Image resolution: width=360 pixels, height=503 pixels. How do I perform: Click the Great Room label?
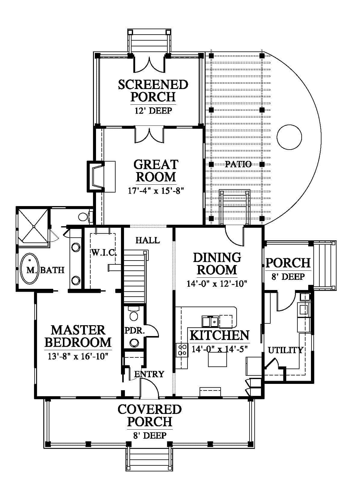pyautogui.click(x=156, y=171)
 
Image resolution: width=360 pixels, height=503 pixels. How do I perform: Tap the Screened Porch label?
pyautogui.click(x=153, y=90)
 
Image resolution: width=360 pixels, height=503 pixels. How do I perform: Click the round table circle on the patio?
pyautogui.click(x=289, y=137)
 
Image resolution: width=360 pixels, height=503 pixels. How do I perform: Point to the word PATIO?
pyautogui.click(x=238, y=164)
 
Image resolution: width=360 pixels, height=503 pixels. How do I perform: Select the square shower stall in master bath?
pyautogui.click(x=33, y=226)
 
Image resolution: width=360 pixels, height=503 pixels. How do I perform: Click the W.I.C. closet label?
pyautogui.click(x=104, y=253)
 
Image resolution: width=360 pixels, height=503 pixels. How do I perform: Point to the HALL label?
pyautogui.click(x=147, y=240)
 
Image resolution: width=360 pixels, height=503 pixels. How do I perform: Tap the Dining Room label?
pyautogui.click(x=217, y=264)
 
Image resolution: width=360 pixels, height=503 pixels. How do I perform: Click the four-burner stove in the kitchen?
pyautogui.click(x=182, y=350)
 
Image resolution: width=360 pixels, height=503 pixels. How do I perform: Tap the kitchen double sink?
pyautogui.click(x=210, y=322)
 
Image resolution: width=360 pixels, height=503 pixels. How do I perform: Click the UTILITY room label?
pyautogui.click(x=285, y=350)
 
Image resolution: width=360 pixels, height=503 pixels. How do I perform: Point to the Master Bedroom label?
pyautogui.click(x=78, y=336)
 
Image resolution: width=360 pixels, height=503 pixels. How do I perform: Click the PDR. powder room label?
pyautogui.click(x=135, y=330)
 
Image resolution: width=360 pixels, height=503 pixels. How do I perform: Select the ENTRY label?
pyautogui.click(x=149, y=374)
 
